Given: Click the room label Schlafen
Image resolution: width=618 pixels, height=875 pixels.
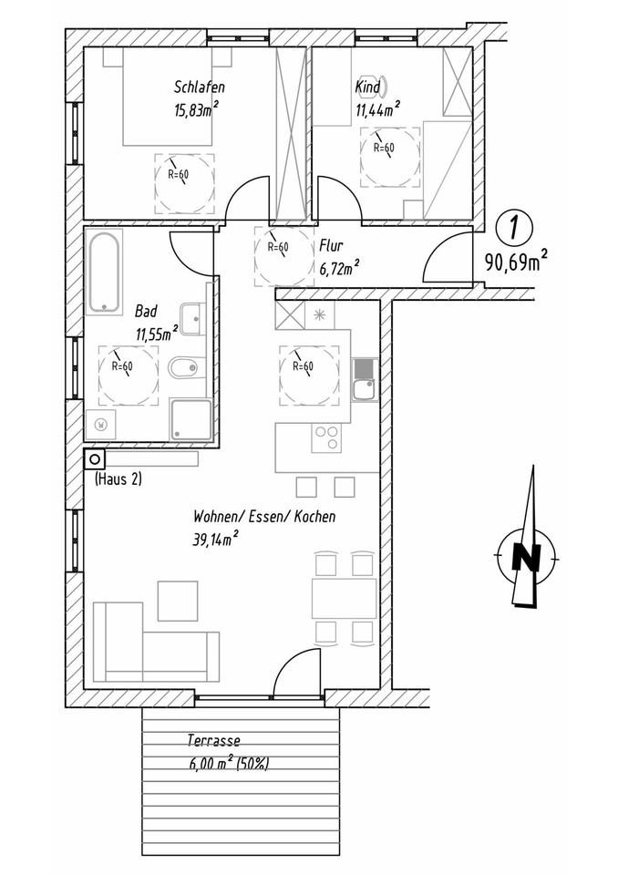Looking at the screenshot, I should click(x=199, y=87).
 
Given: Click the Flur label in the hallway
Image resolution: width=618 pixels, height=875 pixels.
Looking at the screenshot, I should click(x=330, y=245).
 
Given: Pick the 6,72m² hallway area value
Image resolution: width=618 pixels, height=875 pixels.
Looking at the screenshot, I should click(x=338, y=266).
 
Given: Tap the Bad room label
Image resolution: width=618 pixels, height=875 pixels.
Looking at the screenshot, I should click(x=145, y=311).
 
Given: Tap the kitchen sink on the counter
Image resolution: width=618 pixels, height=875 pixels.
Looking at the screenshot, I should click(x=362, y=381).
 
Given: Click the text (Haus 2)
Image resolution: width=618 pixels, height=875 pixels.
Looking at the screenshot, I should click(x=118, y=479).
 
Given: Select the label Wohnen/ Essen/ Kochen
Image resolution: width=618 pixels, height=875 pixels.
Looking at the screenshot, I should click(x=263, y=516).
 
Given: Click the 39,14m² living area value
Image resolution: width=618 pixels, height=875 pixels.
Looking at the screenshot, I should click(x=215, y=538).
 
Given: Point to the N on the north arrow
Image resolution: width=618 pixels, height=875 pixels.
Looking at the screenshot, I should click(x=523, y=555).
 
